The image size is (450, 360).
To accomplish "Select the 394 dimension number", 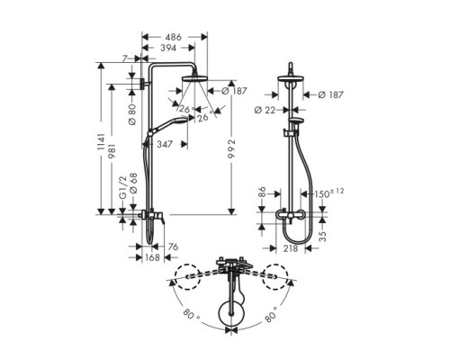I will (168, 49).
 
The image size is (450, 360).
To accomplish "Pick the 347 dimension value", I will (165, 143).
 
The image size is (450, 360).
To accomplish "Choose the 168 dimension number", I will (152, 257).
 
